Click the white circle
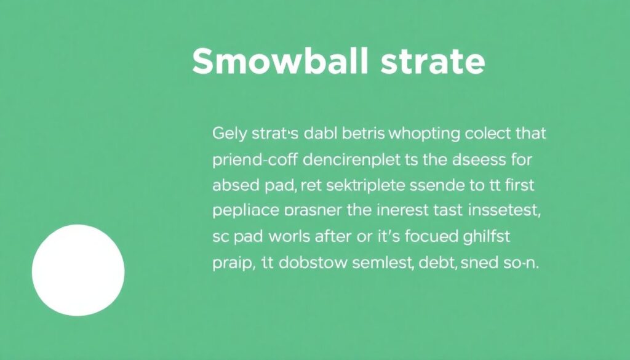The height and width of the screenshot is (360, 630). pyautogui.click(x=78, y=270)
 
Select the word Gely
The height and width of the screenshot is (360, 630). pyautogui.click(x=229, y=134)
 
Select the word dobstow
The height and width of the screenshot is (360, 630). pyautogui.click(x=312, y=263)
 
